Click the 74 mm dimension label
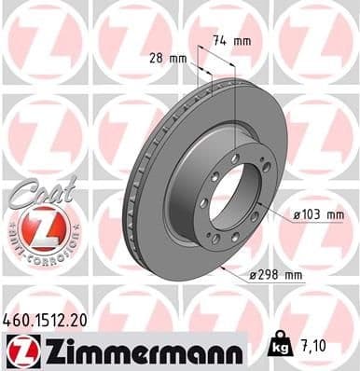click(x=230, y=40)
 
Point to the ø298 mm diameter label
click(x=277, y=275)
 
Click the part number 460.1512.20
click(x=48, y=319)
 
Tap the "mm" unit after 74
click(x=242, y=40)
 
